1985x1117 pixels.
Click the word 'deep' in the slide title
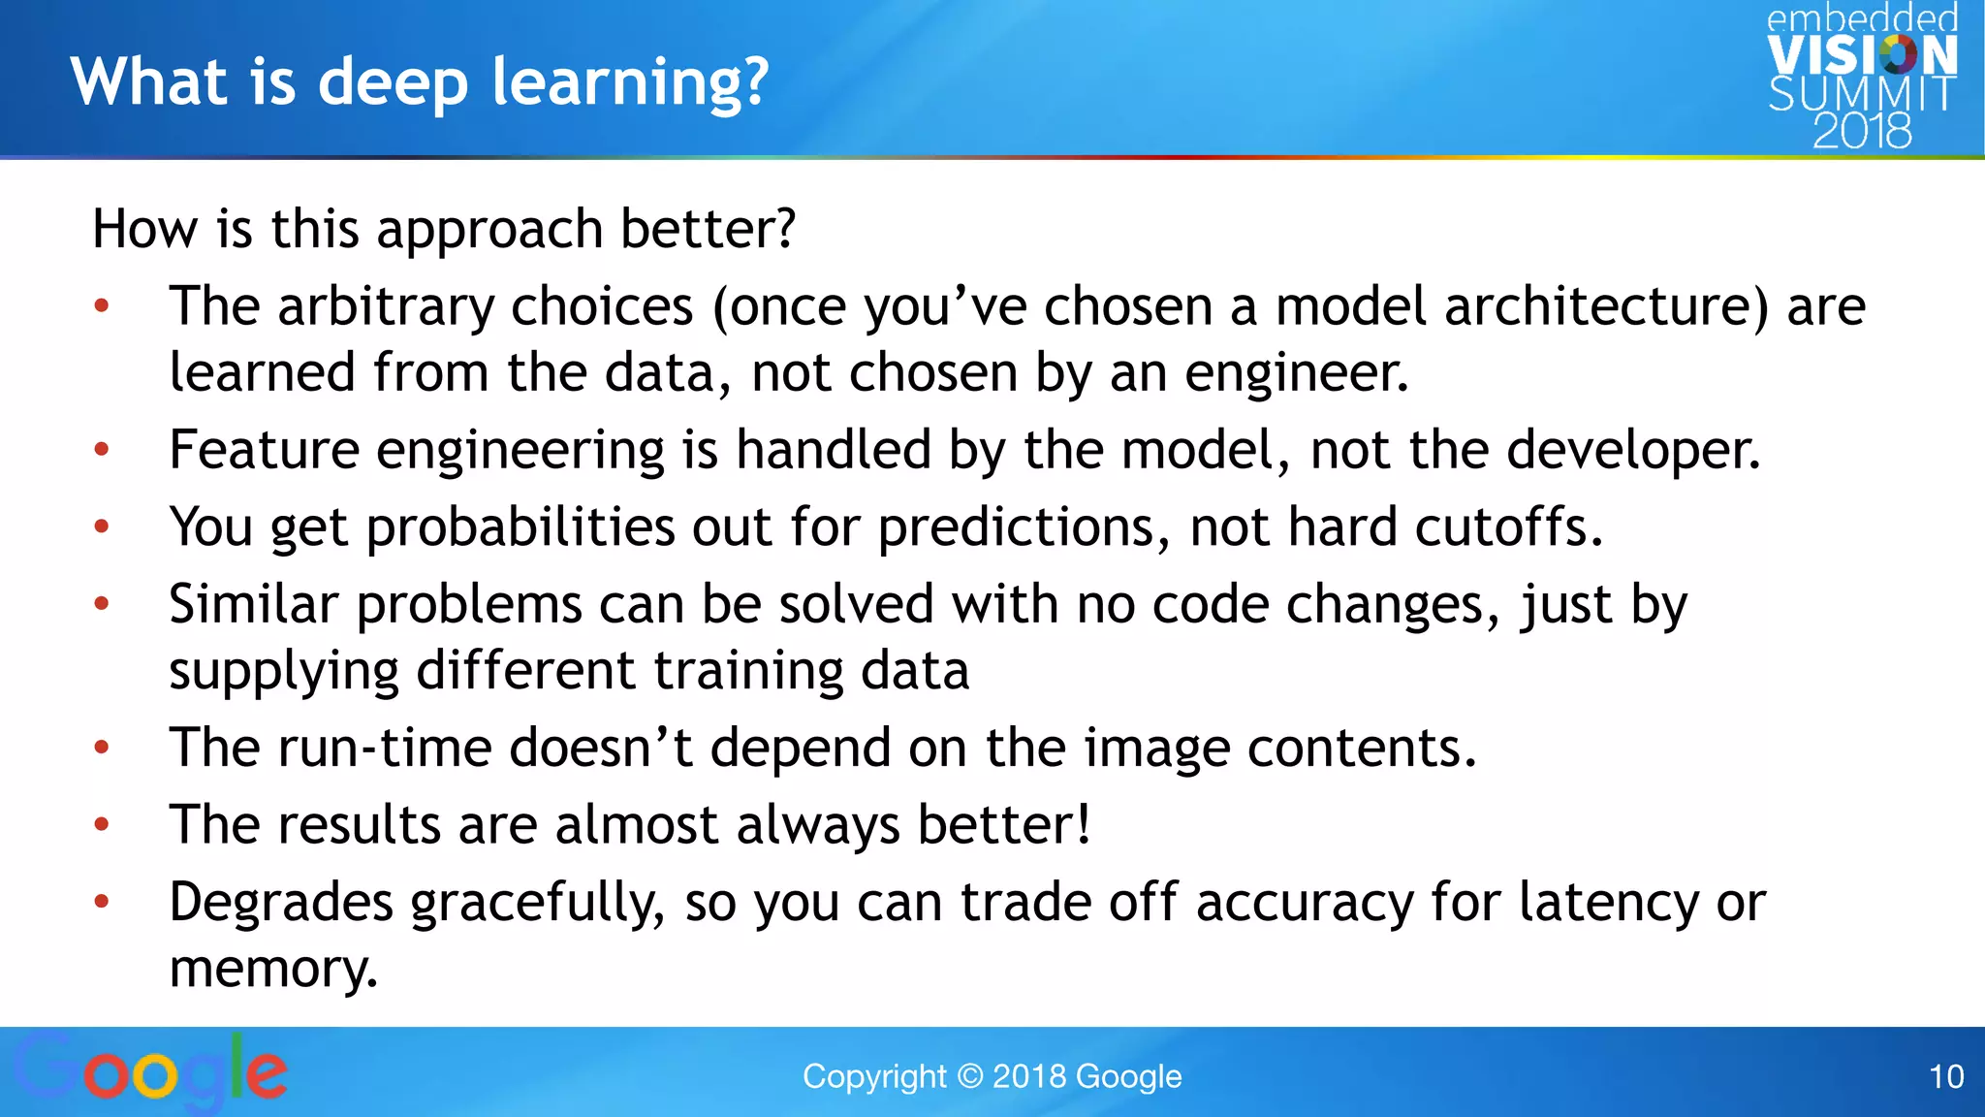pos(394,82)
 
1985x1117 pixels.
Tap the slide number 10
pos(1946,1076)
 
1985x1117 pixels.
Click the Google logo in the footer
pos(150,1072)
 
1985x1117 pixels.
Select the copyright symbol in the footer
pos(969,1076)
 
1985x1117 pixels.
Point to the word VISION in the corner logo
pos(1862,56)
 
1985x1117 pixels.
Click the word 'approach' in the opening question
pos(489,231)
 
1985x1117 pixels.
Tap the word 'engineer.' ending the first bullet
pos(1296,373)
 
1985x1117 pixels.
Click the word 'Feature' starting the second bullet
pos(264,451)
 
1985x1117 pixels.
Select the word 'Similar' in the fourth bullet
pos(254,605)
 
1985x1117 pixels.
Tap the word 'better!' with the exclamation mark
pos(1003,825)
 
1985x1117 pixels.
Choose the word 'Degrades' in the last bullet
pos(281,903)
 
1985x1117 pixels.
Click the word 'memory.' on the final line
pos(273,970)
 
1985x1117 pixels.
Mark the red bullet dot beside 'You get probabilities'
pos(102,527)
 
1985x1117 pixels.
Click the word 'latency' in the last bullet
pos(1608,903)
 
